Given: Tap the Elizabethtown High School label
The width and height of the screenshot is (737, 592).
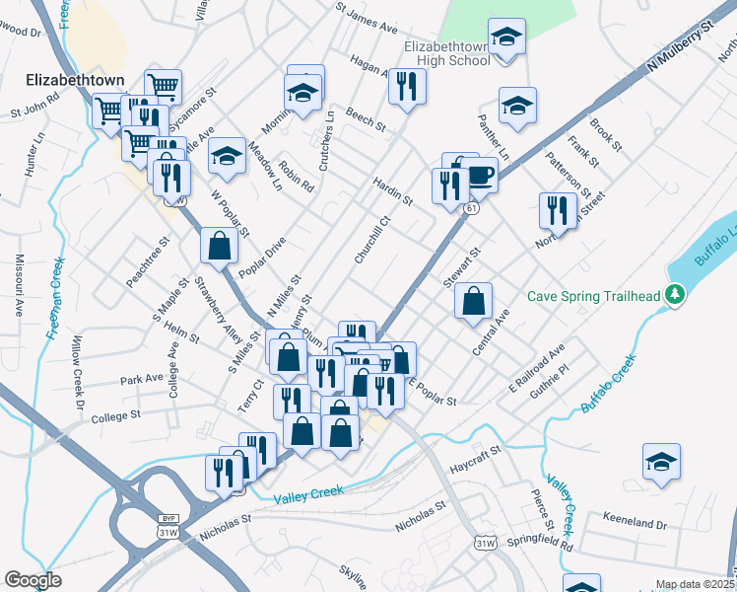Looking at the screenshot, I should coord(446,53).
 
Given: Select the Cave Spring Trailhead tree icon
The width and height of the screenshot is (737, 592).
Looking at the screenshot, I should coord(675,294).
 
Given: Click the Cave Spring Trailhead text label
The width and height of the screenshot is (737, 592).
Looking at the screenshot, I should coord(592,295).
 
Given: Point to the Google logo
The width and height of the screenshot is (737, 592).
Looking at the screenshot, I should coord(33,580).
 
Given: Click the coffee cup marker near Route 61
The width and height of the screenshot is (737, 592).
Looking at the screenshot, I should coord(480,174).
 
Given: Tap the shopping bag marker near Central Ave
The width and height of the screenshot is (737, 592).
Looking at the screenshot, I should coord(474,300).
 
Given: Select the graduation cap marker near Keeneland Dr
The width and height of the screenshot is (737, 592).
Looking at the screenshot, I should coord(661,461).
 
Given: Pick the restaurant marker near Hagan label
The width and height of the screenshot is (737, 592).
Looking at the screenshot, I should coord(407,86).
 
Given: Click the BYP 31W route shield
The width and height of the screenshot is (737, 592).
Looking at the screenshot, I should coord(167,526).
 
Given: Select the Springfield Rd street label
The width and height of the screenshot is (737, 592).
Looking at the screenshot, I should coord(539,544).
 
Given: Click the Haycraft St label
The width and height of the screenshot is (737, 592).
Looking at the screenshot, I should coord(475,454).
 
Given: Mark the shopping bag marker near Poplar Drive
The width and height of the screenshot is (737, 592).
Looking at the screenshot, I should coord(219,247).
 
